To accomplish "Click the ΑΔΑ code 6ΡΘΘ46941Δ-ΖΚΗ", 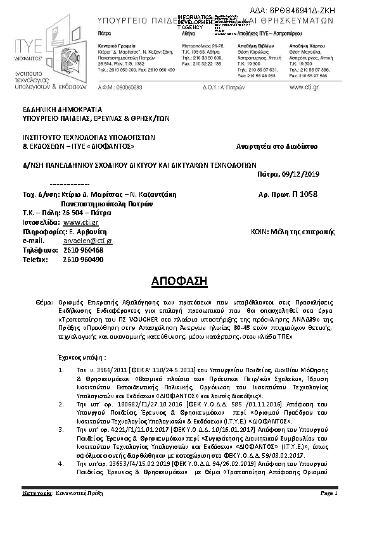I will point(334,12).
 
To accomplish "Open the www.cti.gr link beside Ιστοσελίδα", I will point(80,223).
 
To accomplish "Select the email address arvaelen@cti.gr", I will point(87,241).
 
